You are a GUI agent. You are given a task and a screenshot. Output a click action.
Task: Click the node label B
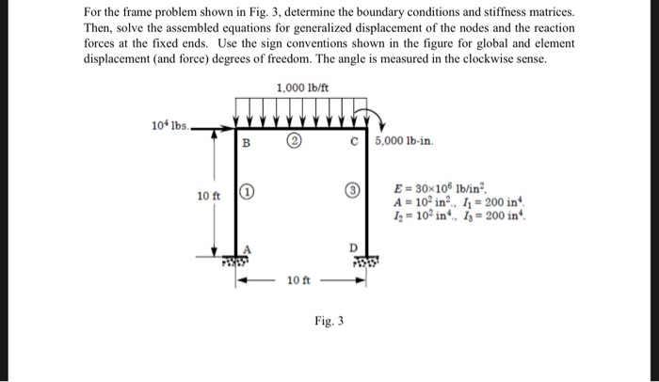247,143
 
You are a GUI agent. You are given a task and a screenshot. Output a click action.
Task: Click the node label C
353,143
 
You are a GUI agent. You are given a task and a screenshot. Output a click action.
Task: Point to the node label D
354,247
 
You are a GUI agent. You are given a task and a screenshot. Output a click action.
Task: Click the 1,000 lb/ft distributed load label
302,88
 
